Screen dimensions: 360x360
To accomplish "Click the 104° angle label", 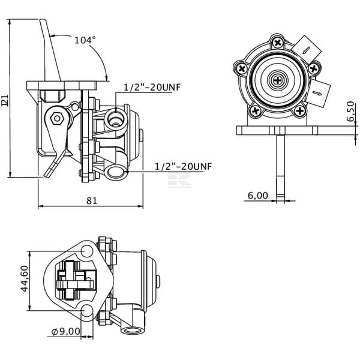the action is [85, 40].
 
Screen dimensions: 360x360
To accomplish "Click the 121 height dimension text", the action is [5, 100].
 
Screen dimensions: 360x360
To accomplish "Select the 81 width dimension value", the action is [92, 200].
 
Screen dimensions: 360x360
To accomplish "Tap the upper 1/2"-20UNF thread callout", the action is [152, 87].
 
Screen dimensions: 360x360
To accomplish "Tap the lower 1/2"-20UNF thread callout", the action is [183, 166].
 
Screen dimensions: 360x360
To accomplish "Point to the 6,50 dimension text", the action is [350, 111].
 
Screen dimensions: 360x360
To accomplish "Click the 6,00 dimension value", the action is [258, 196].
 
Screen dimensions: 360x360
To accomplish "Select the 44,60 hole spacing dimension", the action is [25, 278].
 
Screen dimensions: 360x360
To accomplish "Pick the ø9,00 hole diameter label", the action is [66, 331].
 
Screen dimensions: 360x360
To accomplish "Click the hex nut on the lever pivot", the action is [57, 118].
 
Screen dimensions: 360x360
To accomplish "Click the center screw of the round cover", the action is [278, 80].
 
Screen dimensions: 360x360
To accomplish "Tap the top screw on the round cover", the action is [278, 43].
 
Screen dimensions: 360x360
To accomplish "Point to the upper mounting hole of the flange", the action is [87, 251].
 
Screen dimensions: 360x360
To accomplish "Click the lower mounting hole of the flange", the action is [87, 310].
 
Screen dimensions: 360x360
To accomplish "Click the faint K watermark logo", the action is [180, 181].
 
